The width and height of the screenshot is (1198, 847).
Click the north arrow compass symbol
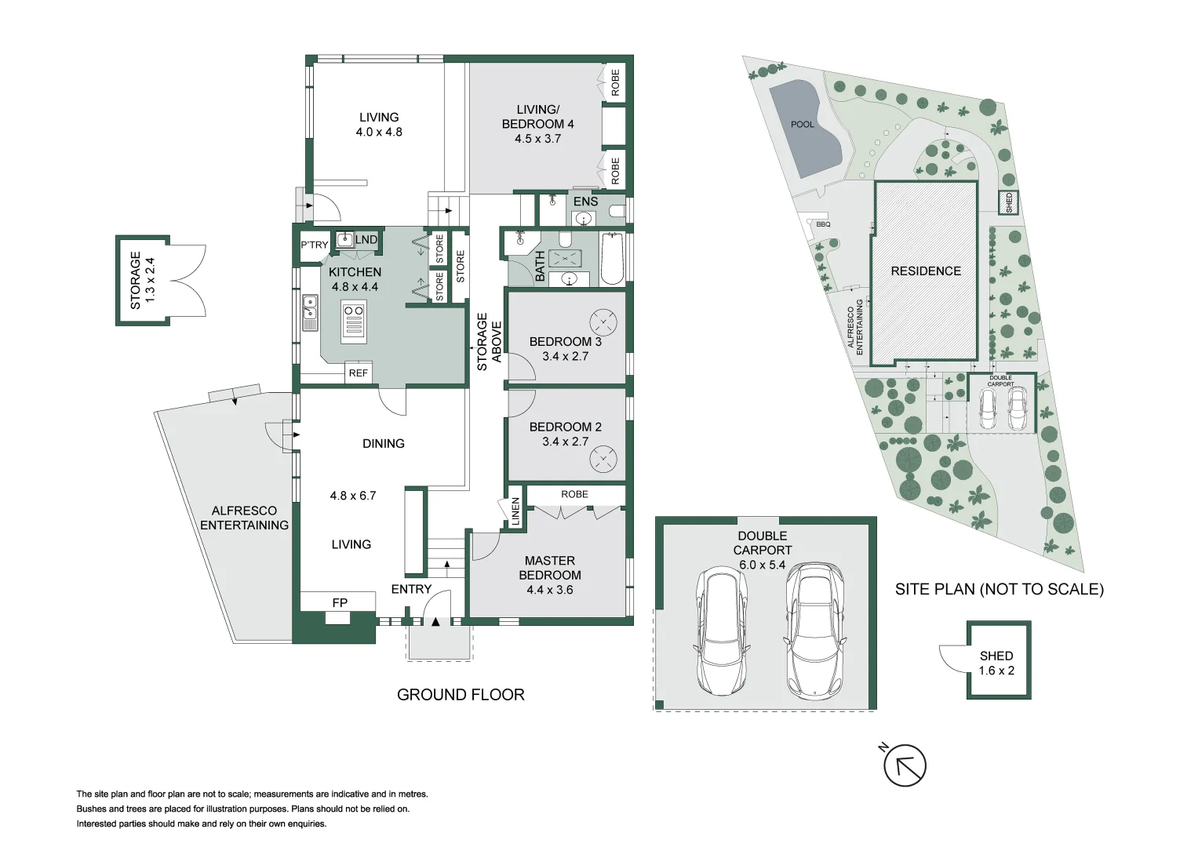pos(905,765)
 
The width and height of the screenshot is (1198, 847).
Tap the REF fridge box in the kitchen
pos(358,373)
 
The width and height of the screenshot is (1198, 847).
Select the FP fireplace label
pos(340,602)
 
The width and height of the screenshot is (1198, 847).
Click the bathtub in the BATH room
pos(612,259)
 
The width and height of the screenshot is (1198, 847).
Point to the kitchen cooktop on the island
pos(354,322)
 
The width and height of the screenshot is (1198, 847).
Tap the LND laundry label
pos(366,239)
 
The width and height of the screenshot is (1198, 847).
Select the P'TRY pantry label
pos(314,245)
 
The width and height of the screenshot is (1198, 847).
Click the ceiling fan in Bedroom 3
pos(603,322)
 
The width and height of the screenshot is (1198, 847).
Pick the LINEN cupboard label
pos(515,511)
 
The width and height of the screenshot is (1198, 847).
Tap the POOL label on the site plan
pos(802,125)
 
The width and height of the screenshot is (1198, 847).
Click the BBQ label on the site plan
pos(822,224)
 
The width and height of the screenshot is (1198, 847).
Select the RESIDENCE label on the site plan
pos(925,271)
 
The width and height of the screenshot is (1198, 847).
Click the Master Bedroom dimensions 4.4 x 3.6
pos(549,590)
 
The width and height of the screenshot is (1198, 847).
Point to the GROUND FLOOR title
pos(461,695)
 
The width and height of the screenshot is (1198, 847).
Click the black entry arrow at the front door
pos(435,622)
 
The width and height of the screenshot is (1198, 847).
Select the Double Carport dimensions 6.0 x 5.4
pos(761,565)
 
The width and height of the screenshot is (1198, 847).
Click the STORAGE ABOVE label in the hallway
pos(489,342)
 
